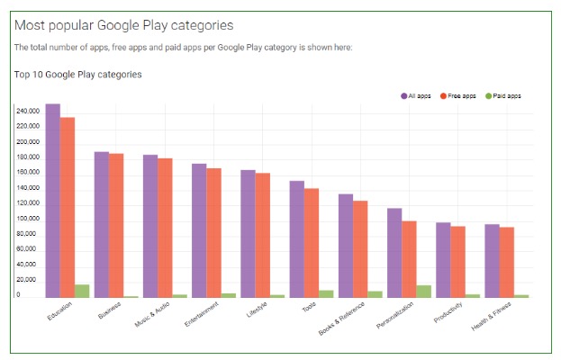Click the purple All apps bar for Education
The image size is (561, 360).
53,200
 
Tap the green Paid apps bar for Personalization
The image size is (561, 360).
424,291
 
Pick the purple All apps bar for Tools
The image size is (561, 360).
297,238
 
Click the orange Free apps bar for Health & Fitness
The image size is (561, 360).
507,261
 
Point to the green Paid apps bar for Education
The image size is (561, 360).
82,291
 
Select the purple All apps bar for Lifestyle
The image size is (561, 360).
248,233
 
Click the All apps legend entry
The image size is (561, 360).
418,95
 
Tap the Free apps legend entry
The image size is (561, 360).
459,95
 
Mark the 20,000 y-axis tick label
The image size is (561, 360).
28,281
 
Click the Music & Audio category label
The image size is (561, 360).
152,315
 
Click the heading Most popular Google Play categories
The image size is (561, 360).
124,24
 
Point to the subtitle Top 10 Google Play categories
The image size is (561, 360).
78,74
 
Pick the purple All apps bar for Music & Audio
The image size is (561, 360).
150,226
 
